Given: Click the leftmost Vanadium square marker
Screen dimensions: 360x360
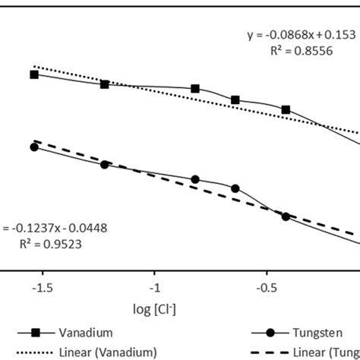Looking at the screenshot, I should pos(34,74).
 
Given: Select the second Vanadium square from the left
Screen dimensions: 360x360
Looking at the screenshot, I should pos(105,84).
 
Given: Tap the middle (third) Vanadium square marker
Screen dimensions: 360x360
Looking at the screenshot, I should pos(195,88).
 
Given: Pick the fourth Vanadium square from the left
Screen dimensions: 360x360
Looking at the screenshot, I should pos(235,99).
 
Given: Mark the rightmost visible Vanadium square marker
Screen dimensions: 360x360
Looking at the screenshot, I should pos(286,109).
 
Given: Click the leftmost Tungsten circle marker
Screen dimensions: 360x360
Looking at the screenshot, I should pos(34,147).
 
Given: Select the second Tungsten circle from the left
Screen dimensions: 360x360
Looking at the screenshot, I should pos(105,164).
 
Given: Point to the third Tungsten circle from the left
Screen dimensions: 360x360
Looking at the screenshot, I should pos(195,180).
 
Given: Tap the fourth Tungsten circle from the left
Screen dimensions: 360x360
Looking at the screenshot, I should pos(235,188).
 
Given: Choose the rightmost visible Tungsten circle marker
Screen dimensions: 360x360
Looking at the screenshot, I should pos(286,216).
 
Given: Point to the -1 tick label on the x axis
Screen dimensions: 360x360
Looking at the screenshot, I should pos(155,288).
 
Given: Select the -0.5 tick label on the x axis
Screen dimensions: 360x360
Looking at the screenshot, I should pos(266,288).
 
